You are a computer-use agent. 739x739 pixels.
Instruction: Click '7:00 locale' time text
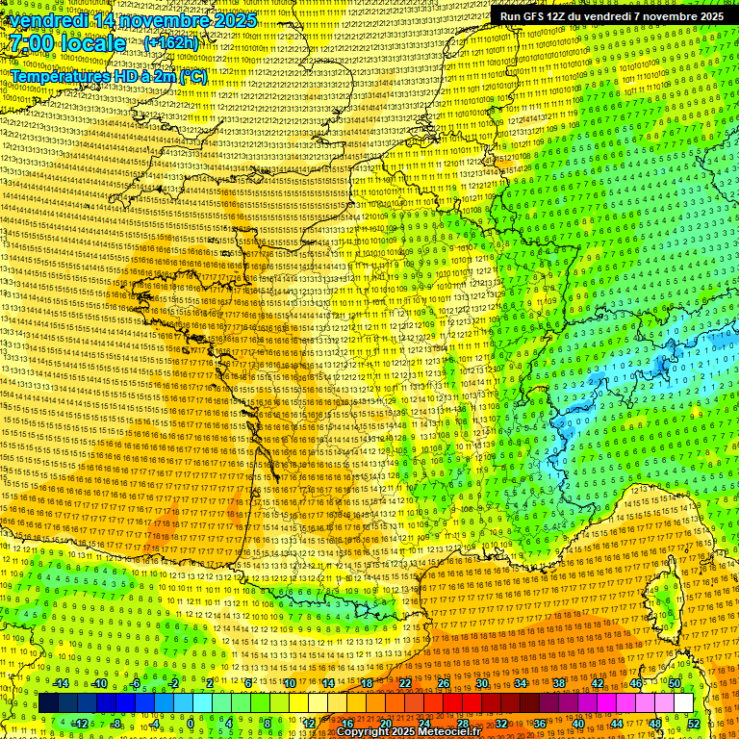(68, 43)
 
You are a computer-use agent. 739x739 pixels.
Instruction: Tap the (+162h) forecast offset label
(171, 42)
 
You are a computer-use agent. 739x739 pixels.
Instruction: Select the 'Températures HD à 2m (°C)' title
(109, 76)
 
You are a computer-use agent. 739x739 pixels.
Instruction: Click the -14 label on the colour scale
(62, 683)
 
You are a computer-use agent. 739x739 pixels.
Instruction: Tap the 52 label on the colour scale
(694, 724)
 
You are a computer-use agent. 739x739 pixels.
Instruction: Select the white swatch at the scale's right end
(683, 703)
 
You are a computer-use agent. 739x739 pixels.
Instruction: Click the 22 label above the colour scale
(405, 683)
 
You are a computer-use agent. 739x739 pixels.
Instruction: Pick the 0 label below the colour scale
(191, 724)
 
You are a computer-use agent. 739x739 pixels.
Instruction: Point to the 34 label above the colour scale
(520, 683)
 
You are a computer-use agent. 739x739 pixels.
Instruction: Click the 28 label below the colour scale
(462, 724)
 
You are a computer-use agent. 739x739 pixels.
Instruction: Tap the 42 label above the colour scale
(598, 683)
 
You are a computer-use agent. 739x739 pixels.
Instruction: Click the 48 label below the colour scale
(655, 724)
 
